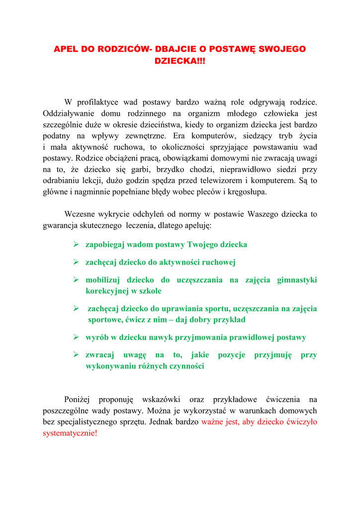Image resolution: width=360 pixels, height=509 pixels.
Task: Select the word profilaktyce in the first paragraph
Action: tap(97, 102)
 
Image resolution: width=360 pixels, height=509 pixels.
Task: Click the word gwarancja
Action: tap(60, 226)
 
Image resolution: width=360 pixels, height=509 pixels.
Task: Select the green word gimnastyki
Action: tap(297, 280)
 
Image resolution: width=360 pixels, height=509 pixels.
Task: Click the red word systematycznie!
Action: tap(70, 433)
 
